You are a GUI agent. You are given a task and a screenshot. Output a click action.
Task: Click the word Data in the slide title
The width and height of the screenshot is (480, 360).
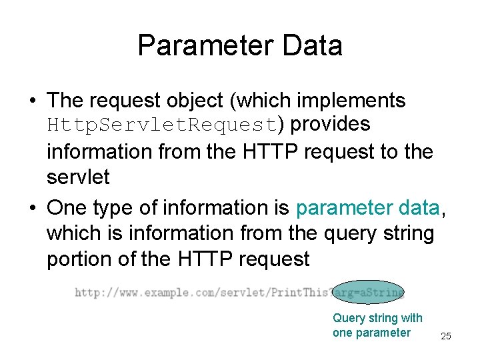(x=313, y=46)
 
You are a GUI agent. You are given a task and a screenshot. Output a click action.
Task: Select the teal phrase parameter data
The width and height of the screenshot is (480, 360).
(x=367, y=209)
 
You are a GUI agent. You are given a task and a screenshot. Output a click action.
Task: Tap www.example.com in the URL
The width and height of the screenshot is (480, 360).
(x=155, y=292)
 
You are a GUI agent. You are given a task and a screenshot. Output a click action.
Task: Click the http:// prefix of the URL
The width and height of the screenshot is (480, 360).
(x=90, y=292)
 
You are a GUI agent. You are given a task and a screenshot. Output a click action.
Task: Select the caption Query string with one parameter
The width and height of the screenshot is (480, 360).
(x=377, y=325)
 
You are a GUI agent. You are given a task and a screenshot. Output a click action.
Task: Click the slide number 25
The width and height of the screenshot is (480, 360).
(x=446, y=337)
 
